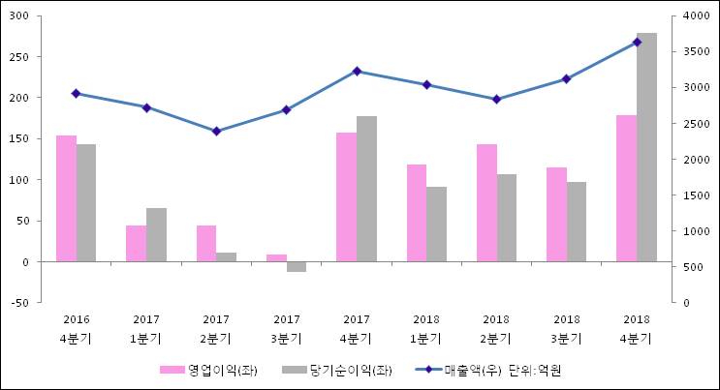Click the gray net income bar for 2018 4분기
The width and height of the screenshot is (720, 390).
click(646, 147)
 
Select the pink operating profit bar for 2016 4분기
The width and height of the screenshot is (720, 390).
click(66, 198)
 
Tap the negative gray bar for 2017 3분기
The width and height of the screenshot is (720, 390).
click(297, 266)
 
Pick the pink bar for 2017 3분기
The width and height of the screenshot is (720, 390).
click(276, 257)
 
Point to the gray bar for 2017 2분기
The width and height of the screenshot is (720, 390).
click(226, 256)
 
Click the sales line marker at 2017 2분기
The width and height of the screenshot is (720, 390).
click(216, 131)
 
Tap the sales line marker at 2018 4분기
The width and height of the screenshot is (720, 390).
click(637, 42)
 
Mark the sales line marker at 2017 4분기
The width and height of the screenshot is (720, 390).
click(357, 71)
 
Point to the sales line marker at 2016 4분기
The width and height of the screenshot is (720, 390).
click(76, 93)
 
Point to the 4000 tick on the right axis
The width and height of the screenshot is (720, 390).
click(694, 15)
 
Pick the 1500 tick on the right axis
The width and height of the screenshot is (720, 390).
click(694, 195)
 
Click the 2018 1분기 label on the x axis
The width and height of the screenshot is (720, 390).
click(426, 329)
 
